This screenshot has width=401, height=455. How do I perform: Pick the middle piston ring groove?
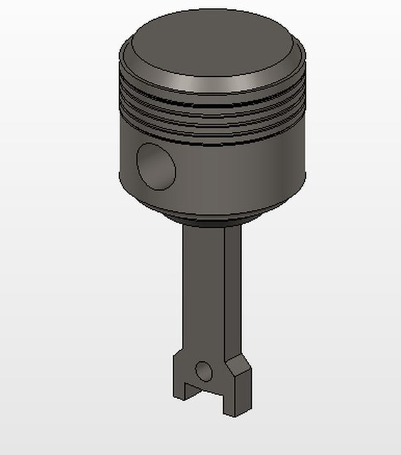click(x=213, y=117)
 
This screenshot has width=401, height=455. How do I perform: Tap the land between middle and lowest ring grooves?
click(x=213, y=125)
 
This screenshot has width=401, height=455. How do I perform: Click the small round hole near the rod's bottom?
click(x=203, y=370)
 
